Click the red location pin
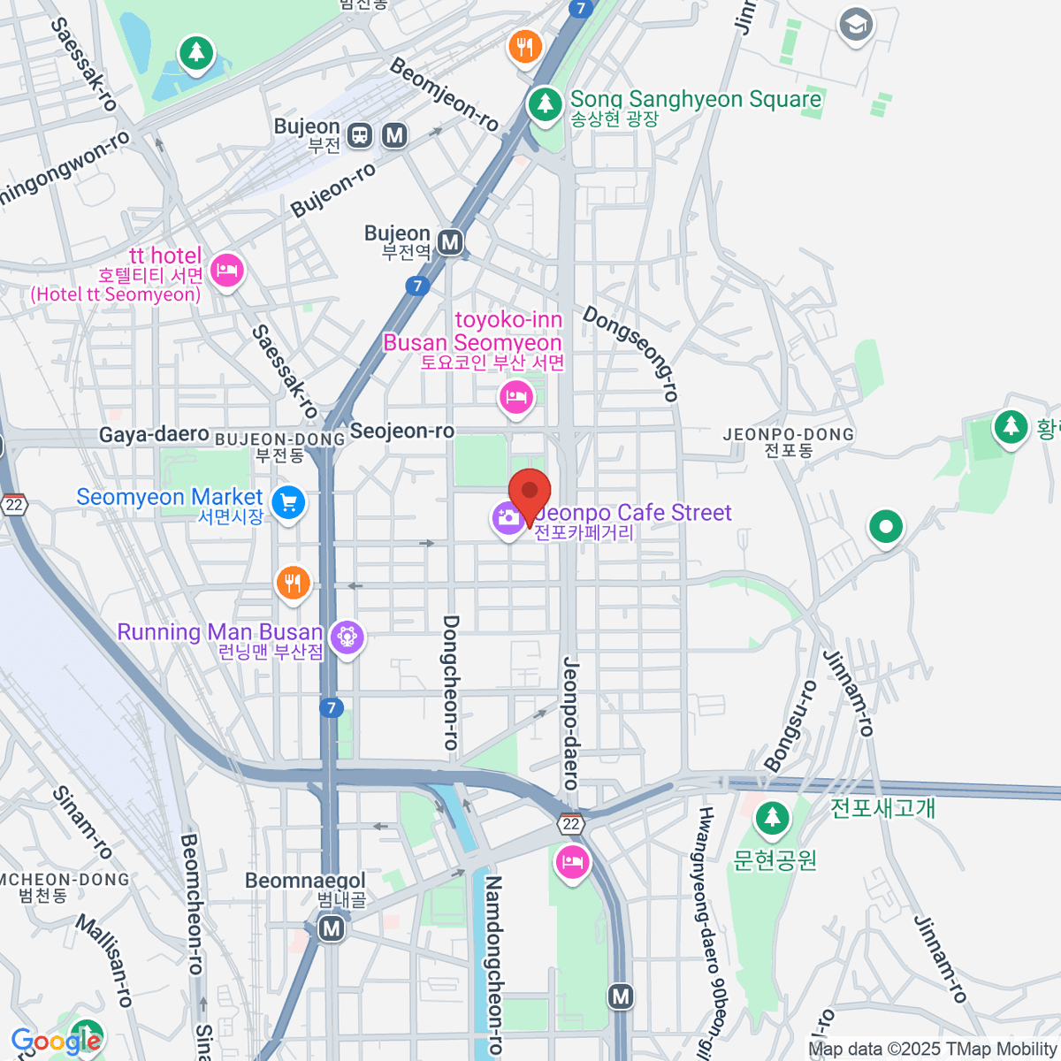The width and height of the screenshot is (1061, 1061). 530,493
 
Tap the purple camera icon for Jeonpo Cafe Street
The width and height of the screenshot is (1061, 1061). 508,519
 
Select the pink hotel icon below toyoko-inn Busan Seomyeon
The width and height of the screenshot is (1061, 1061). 516,397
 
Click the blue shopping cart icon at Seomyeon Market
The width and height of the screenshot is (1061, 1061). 288,503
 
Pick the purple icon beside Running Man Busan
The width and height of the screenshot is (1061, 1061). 347,637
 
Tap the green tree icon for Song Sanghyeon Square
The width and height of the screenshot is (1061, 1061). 546,104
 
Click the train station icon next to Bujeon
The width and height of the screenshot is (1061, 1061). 360,135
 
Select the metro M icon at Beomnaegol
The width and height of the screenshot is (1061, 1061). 332,928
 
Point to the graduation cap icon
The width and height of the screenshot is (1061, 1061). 856,25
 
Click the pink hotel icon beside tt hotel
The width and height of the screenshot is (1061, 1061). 228,270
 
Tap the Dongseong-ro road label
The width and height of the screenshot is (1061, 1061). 631,353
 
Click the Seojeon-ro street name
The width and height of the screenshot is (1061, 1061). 402,431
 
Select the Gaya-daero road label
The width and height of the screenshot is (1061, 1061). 154,434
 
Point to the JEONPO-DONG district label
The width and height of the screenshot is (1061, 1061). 789,434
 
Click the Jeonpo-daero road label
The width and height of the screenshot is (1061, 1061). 571,722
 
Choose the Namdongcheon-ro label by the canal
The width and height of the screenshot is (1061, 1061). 493,964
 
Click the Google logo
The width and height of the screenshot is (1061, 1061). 55,1042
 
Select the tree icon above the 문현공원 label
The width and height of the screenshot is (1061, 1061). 772,819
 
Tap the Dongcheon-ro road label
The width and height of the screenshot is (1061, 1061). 451,683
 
